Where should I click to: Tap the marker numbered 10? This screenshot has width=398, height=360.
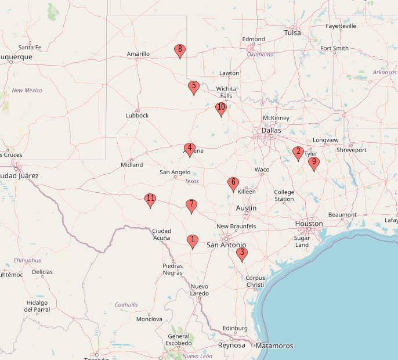point(220,109)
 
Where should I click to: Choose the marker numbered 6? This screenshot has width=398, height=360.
point(233,184)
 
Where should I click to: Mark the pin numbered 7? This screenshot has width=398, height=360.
point(191,206)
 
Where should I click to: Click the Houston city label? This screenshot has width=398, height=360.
point(309,224)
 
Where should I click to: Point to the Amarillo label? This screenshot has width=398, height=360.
point(138,54)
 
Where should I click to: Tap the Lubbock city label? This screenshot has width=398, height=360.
point(137,116)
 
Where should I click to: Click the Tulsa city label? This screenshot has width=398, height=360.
point(292,33)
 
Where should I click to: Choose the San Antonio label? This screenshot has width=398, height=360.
point(227,245)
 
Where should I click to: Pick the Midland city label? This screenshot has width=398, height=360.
point(132,165)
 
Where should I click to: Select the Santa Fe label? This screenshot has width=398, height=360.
point(30,47)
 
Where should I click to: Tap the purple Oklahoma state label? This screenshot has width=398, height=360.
point(260,55)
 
